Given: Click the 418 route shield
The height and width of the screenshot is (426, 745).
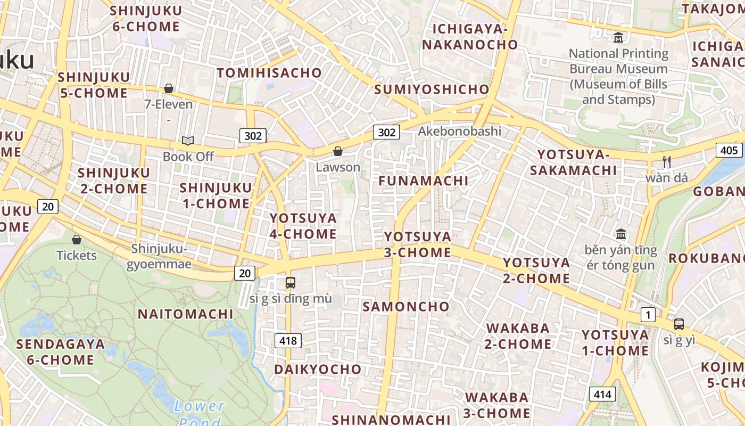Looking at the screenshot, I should pyautogui.click(x=288, y=340).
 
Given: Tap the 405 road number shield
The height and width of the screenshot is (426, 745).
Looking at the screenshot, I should pyautogui.click(x=729, y=150).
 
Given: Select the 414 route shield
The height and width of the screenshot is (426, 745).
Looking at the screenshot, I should pyautogui.click(x=602, y=394).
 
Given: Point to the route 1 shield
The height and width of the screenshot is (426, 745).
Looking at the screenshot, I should pyautogui.click(x=648, y=315).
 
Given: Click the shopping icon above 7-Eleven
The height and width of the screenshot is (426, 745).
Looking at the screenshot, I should pyautogui.click(x=169, y=88).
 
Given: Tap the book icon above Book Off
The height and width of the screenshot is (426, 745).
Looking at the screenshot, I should pyautogui.click(x=187, y=141).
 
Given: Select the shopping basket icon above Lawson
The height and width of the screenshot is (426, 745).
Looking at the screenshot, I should pyautogui.click(x=337, y=152).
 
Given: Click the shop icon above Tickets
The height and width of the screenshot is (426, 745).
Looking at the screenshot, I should pyautogui.click(x=77, y=240).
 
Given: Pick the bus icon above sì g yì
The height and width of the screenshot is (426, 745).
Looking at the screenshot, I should pyautogui.click(x=679, y=324).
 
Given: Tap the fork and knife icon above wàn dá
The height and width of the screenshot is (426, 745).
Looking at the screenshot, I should pyautogui.click(x=666, y=161).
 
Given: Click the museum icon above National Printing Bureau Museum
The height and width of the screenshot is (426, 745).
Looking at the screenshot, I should pyautogui.click(x=618, y=38).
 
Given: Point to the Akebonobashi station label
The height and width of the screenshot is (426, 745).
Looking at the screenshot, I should pyautogui.click(x=460, y=131).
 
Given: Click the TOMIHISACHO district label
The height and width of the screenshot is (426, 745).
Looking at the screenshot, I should pyautogui.click(x=269, y=73).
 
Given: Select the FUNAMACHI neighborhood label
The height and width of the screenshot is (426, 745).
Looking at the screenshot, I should pyautogui.click(x=424, y=181).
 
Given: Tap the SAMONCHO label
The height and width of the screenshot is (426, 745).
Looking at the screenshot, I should pyautogui.click(x=406, y=307).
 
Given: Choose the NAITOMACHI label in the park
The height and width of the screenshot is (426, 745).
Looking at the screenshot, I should pyautogui.click(x=186, y=314).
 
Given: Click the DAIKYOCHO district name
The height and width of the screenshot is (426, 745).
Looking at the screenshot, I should pyautogui.click(x=318, y=369).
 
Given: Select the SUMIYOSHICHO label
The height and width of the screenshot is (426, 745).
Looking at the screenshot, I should pyautogui.click(x=432, y=89).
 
